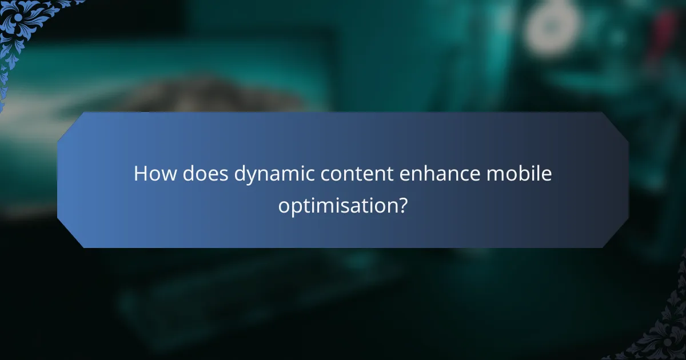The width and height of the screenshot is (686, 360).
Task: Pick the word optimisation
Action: (x=337, y=205)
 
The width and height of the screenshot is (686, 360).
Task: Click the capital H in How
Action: (x=140, y=174)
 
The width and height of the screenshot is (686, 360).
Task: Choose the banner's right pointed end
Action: (x=624, y=180)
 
